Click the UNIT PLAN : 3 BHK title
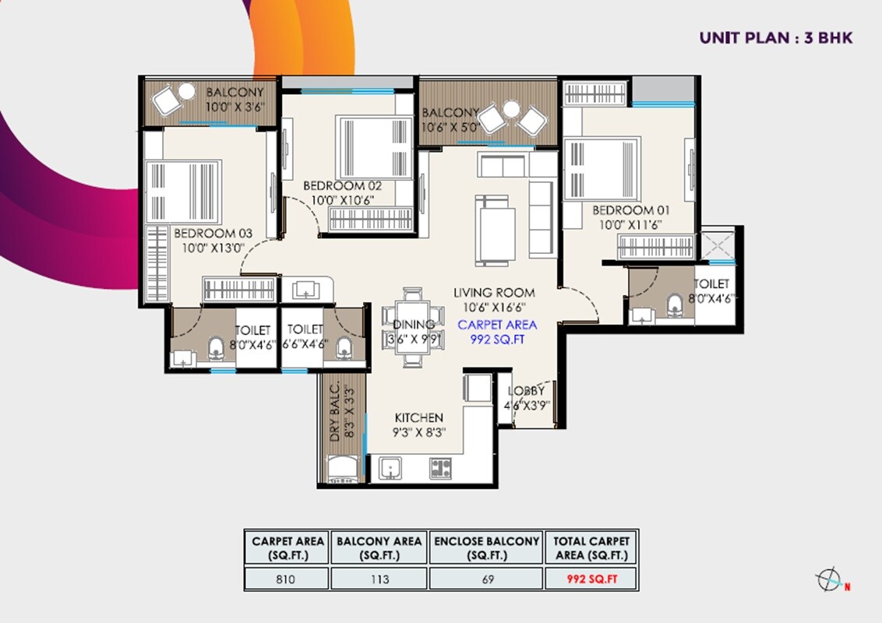click(x=775, y=37)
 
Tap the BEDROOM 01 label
click(x=630, y=210)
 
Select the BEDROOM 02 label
click(x=344, y=186)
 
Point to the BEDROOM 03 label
click(x=213, y=233)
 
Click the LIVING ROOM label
click(x=494, y=293)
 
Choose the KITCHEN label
click(x=418, y=418)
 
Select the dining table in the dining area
click(x=404, y=326)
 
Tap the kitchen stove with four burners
click(x=440, y=468)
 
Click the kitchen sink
click(x=390, y=468)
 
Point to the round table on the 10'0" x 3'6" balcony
click(x=186, y=92)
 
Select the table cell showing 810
click(x=286, y=579)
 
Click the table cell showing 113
click(x=379, y=579)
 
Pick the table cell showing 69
click(x=486, y=579)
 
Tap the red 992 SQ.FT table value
click(x=591, y=579)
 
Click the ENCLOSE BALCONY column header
click(x=486, y=547)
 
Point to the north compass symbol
click(x=828, y=580)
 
